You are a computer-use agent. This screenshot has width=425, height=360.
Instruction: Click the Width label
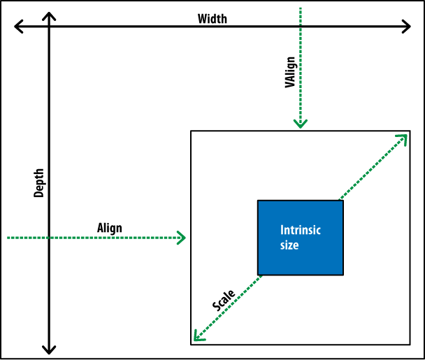(x=212, y=19)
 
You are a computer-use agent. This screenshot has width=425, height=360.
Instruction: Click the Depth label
(x=39, y=183)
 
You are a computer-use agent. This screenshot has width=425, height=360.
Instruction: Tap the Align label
(x=109, y=228)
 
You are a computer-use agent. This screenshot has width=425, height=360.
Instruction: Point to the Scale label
(x=223, y=301)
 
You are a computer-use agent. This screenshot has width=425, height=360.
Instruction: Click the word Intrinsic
(x=301, y=230)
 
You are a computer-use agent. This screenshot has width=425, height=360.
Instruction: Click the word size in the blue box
(x=289, y=245)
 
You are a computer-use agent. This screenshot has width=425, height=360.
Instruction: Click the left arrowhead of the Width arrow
(x=17, y=27)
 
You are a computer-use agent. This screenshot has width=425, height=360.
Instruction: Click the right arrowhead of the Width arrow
(x=408, y=27)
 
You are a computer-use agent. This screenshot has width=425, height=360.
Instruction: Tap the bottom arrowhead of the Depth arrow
(x=48, y=349)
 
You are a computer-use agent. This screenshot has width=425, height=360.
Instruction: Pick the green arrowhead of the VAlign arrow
(x=301, y=124)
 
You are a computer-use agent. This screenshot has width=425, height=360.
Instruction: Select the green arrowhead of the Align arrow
(x=182, y=238)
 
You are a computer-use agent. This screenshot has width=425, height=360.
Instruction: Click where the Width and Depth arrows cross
(x=48, y=27)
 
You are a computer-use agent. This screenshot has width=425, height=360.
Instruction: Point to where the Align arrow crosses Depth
(x=48, y=238)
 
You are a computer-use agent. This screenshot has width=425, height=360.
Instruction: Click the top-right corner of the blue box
(x=343, y=201)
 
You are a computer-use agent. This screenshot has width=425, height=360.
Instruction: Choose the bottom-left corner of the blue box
(x=258, y=274)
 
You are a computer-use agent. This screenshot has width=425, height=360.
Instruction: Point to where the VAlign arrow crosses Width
(x=301, y=27)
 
